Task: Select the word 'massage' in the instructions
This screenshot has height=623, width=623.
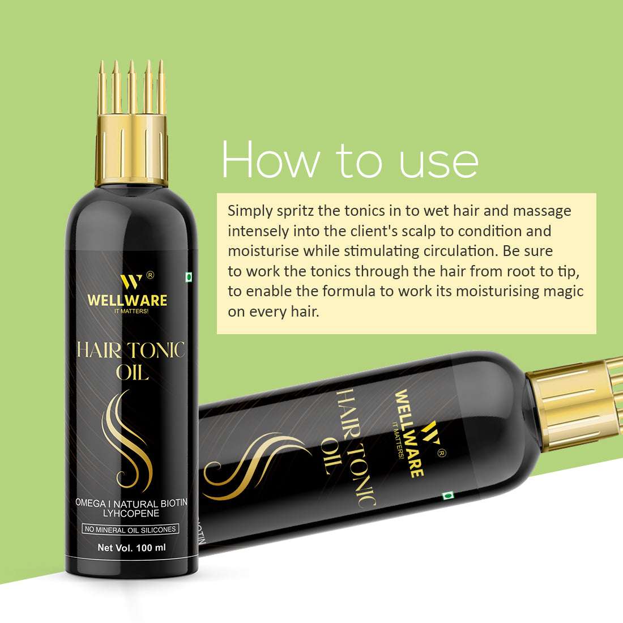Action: point(542,211)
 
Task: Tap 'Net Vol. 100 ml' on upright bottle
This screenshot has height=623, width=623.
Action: point(131,548)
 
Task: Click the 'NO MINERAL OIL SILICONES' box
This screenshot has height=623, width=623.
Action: point(131,530)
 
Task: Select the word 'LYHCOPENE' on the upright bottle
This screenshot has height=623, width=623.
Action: point(131,513)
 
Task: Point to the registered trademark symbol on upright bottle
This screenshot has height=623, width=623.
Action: point(150,275)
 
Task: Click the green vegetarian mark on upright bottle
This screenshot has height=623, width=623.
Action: point(189,277)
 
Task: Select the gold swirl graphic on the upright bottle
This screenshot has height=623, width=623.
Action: point(127,433)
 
